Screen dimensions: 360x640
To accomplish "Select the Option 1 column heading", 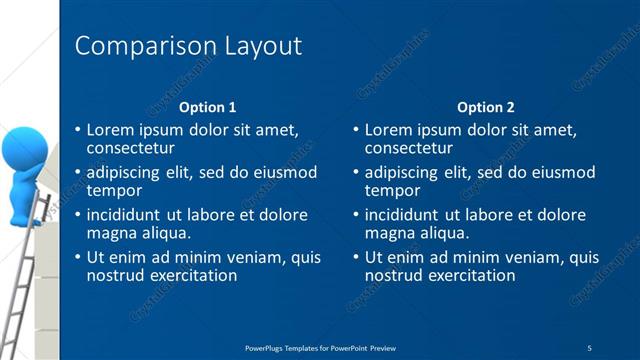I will coord(207,107).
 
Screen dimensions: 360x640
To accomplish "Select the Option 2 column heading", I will coord(485,107).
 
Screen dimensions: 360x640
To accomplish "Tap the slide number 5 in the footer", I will coord(590,347).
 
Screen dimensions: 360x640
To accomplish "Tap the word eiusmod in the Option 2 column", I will coord(564,172).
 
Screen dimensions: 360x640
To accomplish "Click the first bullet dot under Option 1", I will coord(78,130).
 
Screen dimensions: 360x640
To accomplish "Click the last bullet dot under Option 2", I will coord(356,258).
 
